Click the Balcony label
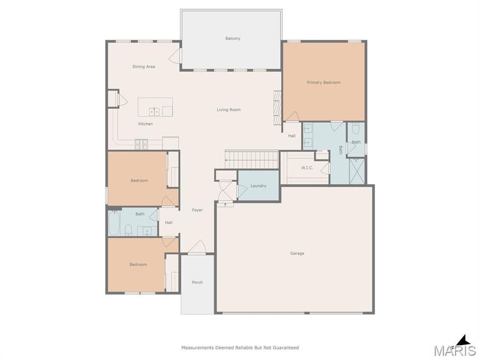pyautogui.click(x=233, y=38)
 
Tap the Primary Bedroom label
pyautogui.click(x=323, y=83)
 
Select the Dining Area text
pyautogui.click(x=143, y=67)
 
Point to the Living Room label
pyautogui.click(x=228, y=110)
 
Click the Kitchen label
pyautogui.click(x=145, y=124)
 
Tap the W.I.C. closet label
pyautogui.click(x=307, y=168)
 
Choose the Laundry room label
pyautogui.click(x=258, y=186)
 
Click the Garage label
pyautogui.click(x=297, y=253)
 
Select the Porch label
pyautogui.click(x=197, y=282)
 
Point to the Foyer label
pyautogui.click(x=197, y=210)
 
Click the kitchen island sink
pyautogui.click(x=154, y=111)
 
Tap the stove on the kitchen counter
pyautogui.click(x=141, y=143)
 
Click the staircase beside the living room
pyautogui.click(x=252, y=159)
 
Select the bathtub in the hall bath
pyautogui.click(x=114, y=223)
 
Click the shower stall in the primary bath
pyautogui.click(x=356, y=171)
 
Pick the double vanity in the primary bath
pyautogui.click(x=308, y=135)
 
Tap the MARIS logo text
pyautogui.click(x=454, y=350)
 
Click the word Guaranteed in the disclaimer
pyautogui.click(x=284, y=348)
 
